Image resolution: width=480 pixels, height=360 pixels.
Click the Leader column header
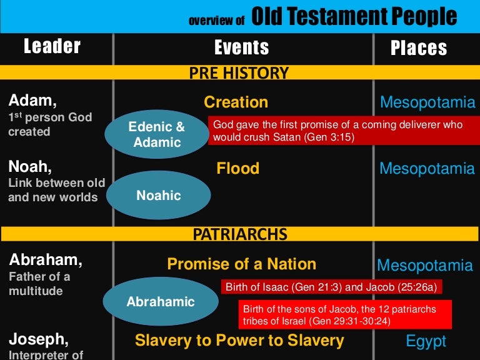[52, 46]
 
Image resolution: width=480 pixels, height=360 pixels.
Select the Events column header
[241, 47]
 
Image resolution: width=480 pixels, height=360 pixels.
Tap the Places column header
[419, 48]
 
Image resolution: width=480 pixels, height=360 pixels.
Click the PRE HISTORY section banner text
[239, 73]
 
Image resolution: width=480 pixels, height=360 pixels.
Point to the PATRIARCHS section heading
[240, 234]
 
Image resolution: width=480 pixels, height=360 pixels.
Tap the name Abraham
[46, 259]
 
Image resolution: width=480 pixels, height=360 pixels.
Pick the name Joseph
[38, 339]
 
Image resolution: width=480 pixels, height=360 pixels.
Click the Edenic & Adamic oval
[156, 134]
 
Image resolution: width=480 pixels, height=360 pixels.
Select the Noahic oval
[159, 196]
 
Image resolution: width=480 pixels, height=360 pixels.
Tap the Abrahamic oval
[161, 302]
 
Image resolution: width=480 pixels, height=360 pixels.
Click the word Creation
[236, 102]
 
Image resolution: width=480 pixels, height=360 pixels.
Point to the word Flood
[237, 168]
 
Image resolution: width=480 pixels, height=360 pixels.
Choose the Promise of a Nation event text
[241, 264]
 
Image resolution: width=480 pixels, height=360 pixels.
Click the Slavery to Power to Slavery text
[239, 340]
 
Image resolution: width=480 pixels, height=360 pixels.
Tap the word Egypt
[426, 341]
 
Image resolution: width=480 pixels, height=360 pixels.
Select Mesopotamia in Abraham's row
[425, 266]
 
